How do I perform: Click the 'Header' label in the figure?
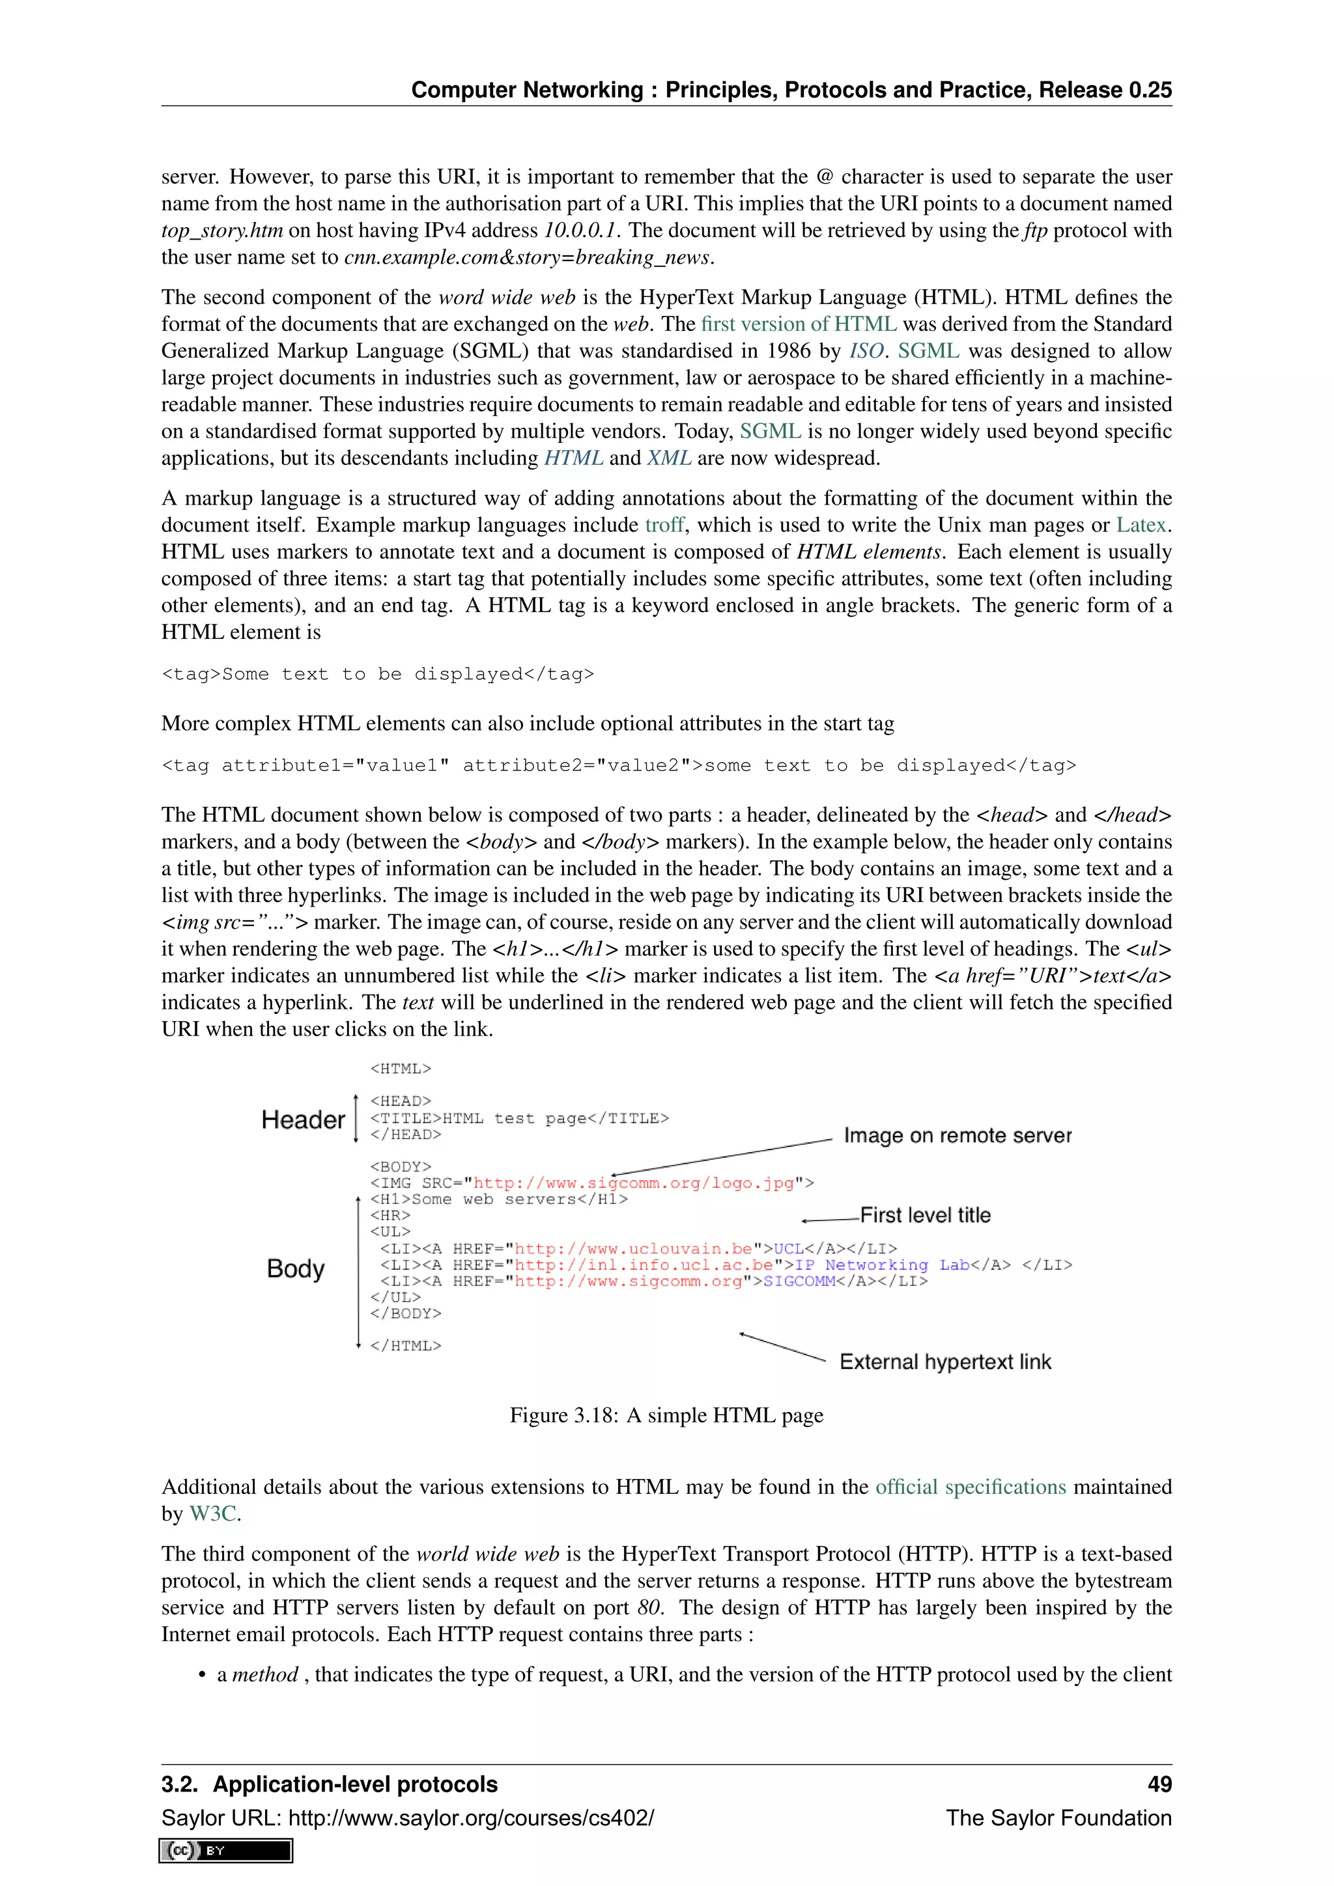point(303,1119)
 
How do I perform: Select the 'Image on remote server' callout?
point(957,1135)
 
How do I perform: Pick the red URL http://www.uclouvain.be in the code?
point(632,1248)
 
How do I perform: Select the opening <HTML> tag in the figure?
point(400,1069)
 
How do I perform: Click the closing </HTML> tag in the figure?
point(405,1345)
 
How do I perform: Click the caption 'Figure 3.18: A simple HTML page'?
point(666,1415)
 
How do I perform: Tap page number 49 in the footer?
point(1159,1784)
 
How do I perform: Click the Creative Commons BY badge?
point(226,1851)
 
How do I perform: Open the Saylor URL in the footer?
point(472,1818)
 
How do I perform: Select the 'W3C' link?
point(213,1514)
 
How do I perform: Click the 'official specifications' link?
point(970,1487)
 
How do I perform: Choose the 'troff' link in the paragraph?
point(664,525)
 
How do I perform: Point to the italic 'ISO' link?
point(866,351)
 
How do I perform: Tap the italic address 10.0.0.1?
point(580,230)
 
